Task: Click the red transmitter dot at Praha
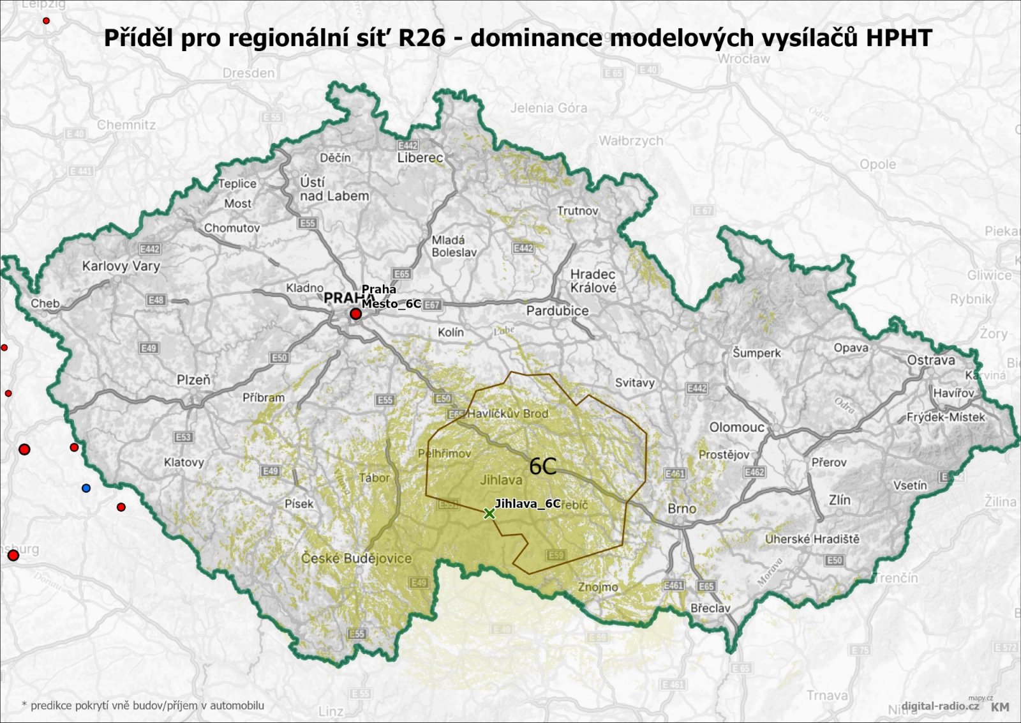(355, 314)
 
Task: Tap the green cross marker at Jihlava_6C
(489, 514)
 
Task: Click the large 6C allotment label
(543, 466)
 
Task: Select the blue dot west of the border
(86, 488)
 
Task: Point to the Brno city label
(682, 508)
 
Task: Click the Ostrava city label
(930, 360)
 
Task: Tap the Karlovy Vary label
(121, 266)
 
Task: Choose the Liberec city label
(420, 158)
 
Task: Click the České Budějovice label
(356, 558)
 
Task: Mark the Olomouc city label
(736, 427)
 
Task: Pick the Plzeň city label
(193, 379)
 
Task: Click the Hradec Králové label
(593, 280)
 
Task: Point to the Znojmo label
(598, 586)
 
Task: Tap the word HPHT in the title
(898, 38)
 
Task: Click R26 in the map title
(422, 38)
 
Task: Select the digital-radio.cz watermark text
(939, 706)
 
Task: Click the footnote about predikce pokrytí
(142, 705)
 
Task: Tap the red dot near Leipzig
(46, 20)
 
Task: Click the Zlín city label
(839, 499)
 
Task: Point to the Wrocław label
(743, 59)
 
